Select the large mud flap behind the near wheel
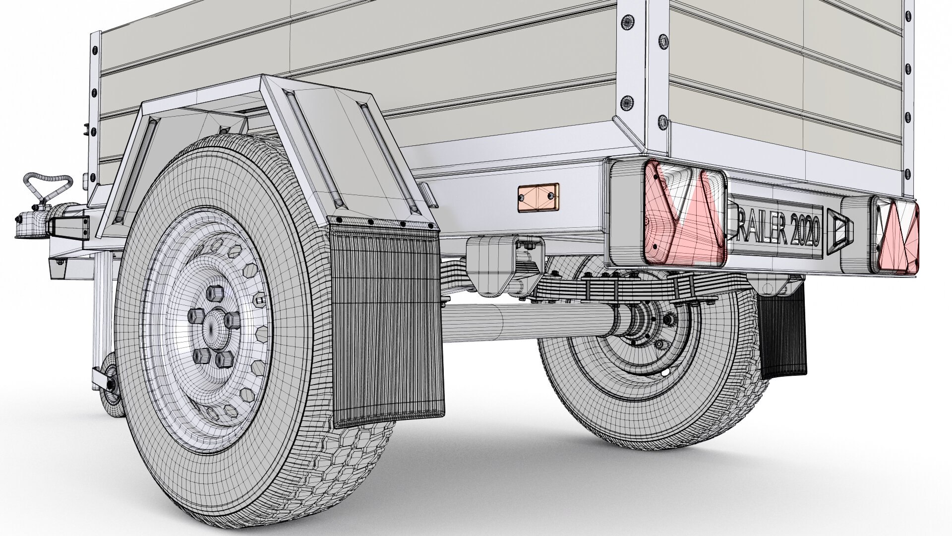coord(387,318)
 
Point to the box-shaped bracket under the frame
coord(491,263)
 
